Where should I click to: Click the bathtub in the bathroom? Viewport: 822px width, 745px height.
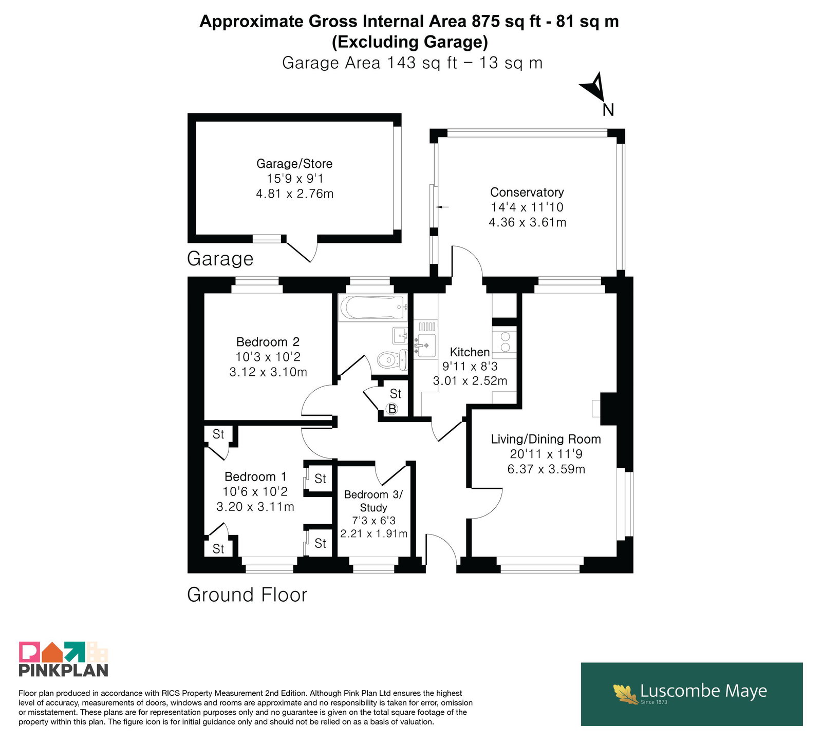[373, 308]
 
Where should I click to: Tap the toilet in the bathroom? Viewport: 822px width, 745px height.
[393, 359]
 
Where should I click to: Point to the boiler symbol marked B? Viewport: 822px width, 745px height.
[393, 409]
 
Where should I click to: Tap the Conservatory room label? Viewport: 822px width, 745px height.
[527, 192]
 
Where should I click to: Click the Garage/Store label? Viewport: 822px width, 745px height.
[294, 164]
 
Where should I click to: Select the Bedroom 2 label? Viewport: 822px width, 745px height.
[268, 342]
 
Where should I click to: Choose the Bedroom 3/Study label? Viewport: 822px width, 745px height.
[373, 501]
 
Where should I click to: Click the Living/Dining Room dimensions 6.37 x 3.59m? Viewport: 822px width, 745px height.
[546, 469]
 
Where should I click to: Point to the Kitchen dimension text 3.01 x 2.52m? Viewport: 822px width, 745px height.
[470, 381]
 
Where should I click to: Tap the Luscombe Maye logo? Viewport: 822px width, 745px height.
[692, 694]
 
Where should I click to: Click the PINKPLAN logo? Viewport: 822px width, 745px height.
[64, 659]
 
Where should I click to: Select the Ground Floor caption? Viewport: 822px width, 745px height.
[247, 595]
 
